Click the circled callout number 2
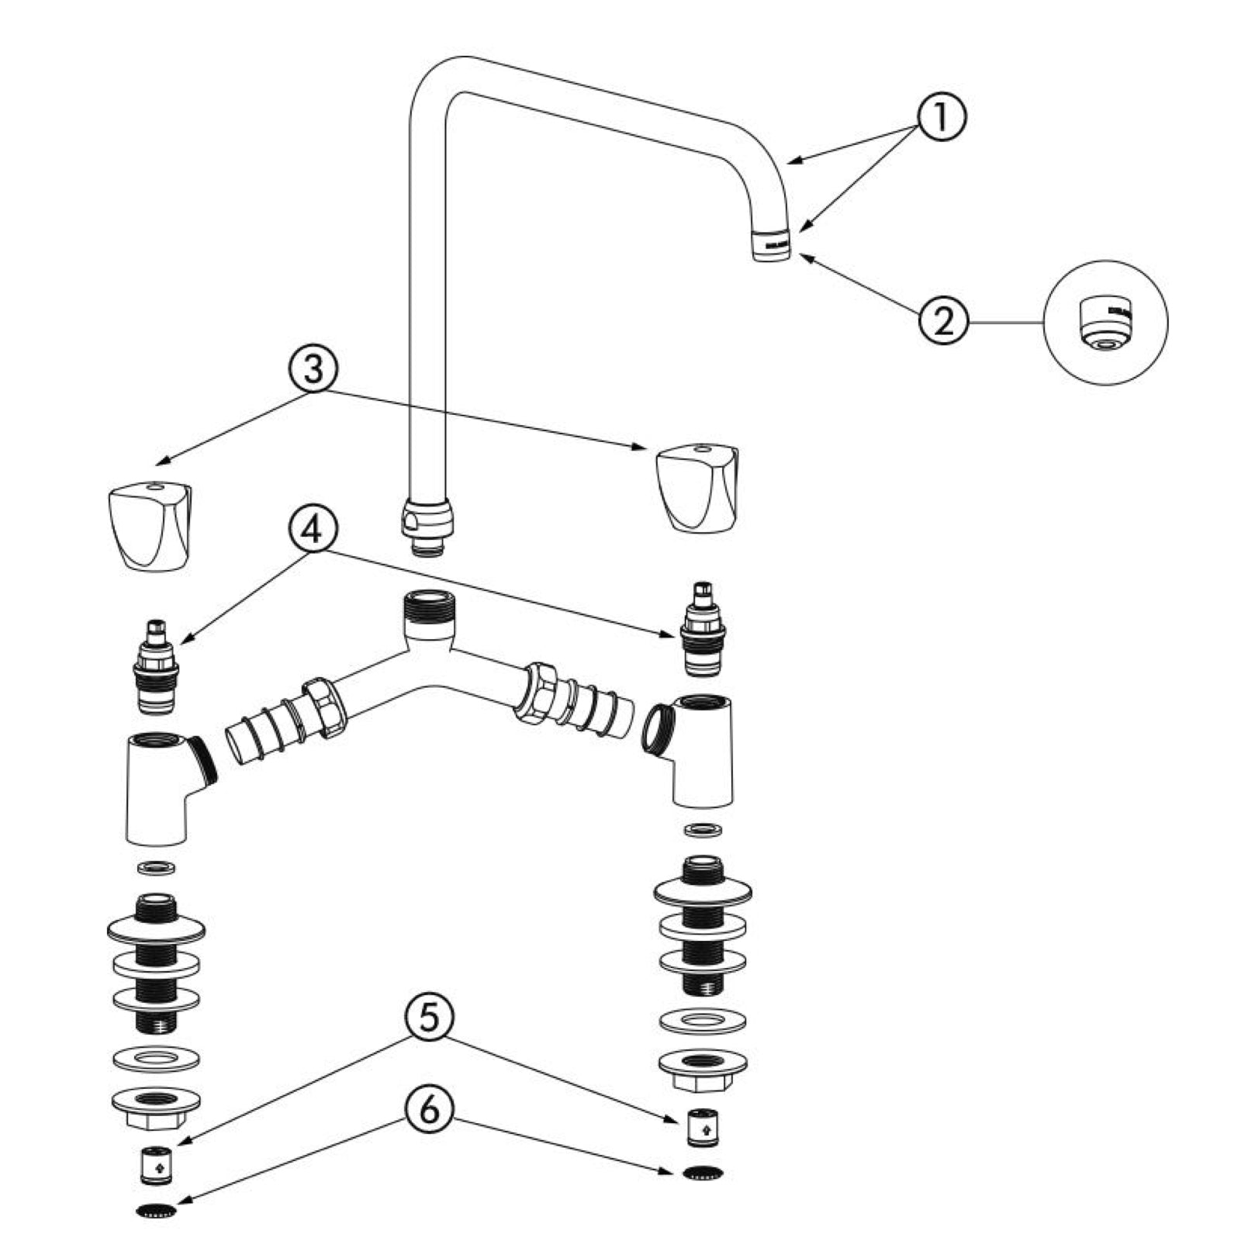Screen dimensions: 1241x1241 [x=943, y=320]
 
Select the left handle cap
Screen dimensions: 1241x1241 [x=149, y=526]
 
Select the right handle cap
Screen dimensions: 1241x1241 [x=697, y=488]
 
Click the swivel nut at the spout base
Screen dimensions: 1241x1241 [x=426, y=518]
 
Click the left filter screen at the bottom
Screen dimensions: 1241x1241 [x=156, y=1209]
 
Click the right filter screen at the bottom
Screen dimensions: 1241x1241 [x=704, y=1171]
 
